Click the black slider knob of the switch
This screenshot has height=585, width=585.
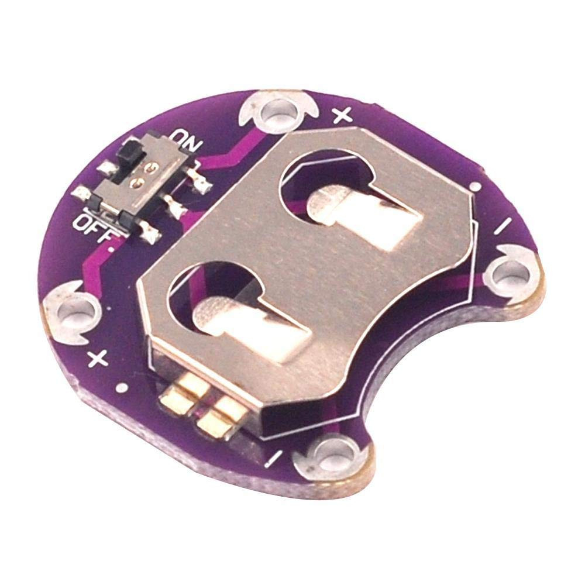129,153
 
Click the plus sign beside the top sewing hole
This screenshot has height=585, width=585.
341,114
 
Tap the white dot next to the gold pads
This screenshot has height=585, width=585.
121,388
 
